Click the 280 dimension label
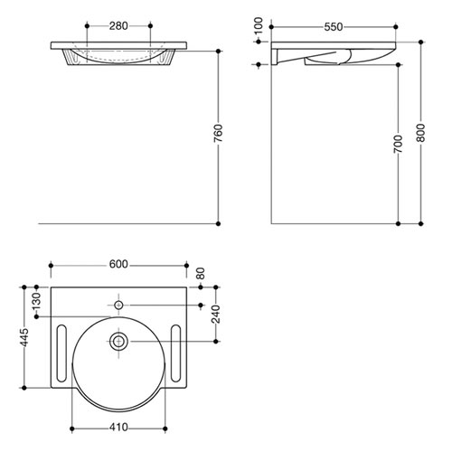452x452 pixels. tap(118, 25)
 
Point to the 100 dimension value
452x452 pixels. tap(259, 27)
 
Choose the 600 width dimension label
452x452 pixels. tap(118, 264)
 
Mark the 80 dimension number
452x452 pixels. tap(201, 271)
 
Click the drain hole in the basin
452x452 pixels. tap(118, 341)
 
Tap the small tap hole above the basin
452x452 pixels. tap(118, 305)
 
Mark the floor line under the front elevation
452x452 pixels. tap(127, 222)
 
